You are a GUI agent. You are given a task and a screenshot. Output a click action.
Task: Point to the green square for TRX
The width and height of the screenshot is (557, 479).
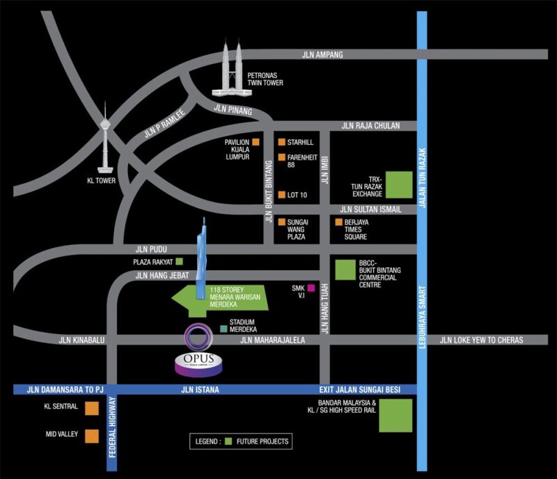point(398,184)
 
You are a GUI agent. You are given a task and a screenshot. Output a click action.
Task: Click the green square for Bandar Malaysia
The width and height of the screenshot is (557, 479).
point(395,416)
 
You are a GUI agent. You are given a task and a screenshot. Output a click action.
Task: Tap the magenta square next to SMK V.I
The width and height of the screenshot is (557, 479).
point(311,288)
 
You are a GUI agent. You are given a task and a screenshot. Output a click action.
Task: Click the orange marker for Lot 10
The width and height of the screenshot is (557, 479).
point(281,195)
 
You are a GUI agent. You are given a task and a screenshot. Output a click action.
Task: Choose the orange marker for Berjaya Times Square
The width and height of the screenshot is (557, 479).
point(339,223)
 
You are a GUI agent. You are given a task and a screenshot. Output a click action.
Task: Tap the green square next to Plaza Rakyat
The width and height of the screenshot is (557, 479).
point(179,262)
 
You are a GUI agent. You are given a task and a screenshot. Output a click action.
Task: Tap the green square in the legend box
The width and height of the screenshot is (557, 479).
point(228,441)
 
